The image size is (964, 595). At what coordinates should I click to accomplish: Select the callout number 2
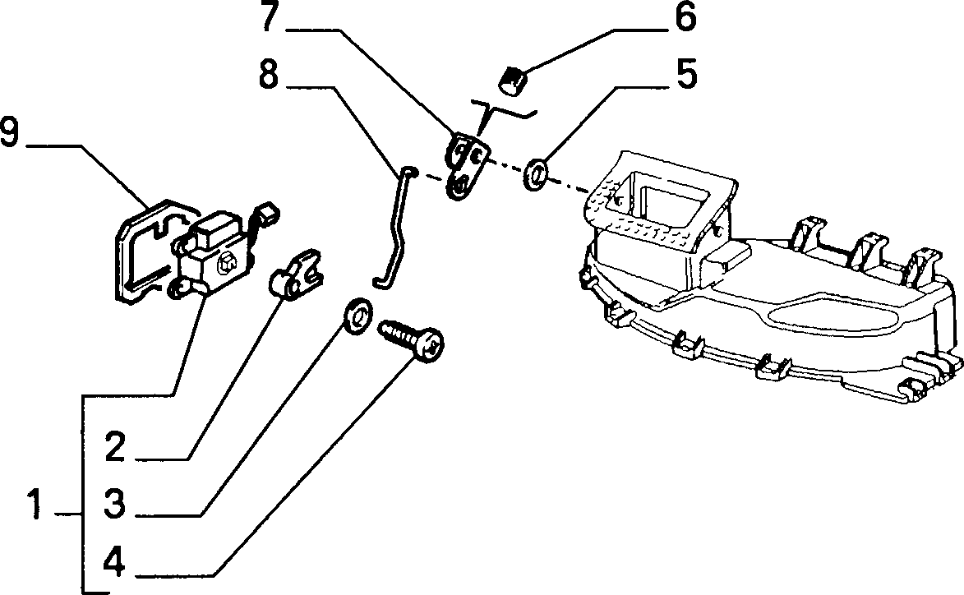tap(115, 447)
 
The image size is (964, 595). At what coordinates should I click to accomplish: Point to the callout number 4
tap(114, 561)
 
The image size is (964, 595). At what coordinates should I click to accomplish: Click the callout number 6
tap(685, 18)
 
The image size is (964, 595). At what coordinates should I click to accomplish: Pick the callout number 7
tap(270, 17)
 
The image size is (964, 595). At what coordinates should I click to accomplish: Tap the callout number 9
tap(12, 133)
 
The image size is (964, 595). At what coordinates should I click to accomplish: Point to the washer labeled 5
tap(536, 174)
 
